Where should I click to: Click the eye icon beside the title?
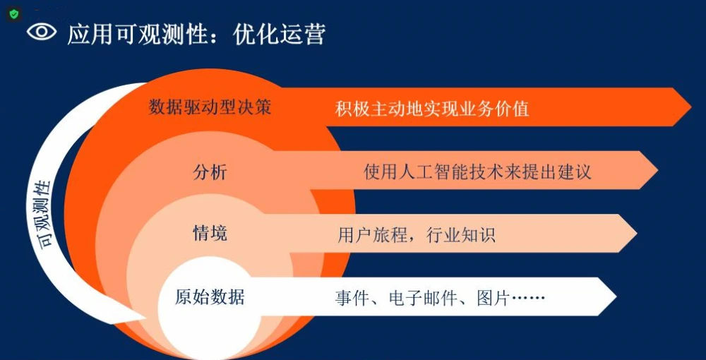[42, 32]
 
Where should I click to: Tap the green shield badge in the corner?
[14, 14]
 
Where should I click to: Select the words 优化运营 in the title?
[279, 34]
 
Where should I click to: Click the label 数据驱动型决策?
[210, 107]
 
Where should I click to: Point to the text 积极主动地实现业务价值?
[432, 109]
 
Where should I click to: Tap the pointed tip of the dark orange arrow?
[691, 107]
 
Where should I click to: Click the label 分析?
[210, 172]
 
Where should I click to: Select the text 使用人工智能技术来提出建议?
[477, 172]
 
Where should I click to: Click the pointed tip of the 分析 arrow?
[658, 170]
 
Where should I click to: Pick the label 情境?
[210, 233]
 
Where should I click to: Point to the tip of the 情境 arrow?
[637, 233]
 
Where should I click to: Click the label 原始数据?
[210, 297]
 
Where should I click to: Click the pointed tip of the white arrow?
[616, 296]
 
